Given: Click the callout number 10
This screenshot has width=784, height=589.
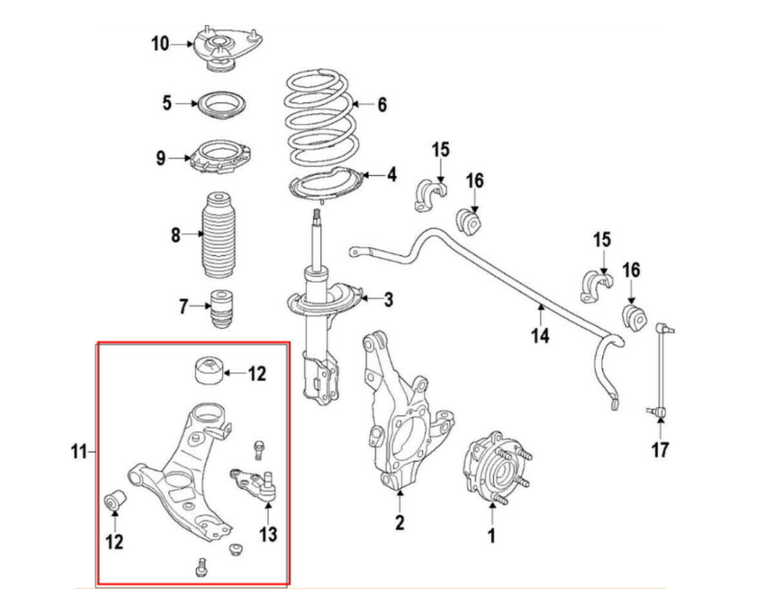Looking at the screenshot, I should click(x=160, y=44).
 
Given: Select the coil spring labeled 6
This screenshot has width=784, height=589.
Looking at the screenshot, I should click(x=321, y=118).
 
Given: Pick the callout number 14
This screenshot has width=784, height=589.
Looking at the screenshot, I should click(x=540, y=336).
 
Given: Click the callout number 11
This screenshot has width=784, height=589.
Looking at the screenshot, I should click(x=79, y=451).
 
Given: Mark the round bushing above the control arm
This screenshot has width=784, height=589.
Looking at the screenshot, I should click(x=208, y=371).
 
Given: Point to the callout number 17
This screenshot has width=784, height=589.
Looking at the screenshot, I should click(x=660, y=449).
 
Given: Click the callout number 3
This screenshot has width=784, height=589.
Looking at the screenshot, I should click(x=389, y=299).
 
